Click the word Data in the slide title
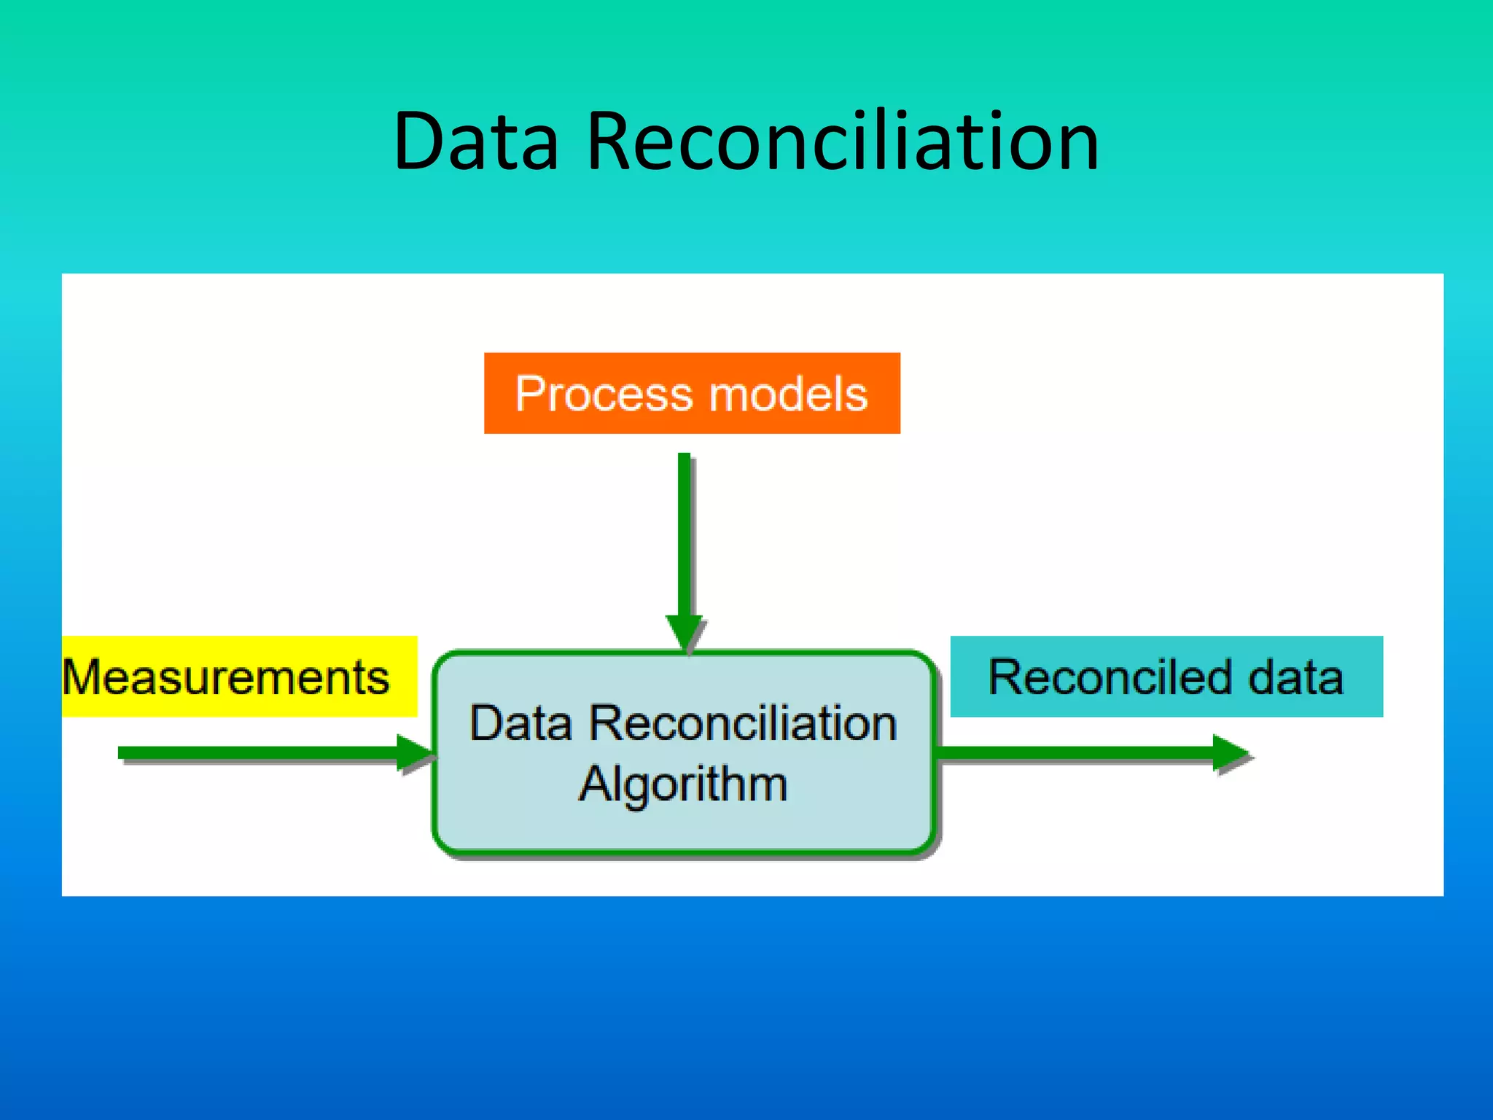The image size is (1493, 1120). pyautogui.click(x=475, y=142)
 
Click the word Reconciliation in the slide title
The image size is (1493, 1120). pyautogui.click(x=842, y=142)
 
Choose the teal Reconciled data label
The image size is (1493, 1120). pyautogui.click(x=1166, y=677)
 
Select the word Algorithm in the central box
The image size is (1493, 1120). pyautogui.click(x=683, y=785)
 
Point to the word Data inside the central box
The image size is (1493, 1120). pyautogui.click(x=520, y=724)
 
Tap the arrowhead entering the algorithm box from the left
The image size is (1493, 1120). pyautogui.click(x=414, y=752)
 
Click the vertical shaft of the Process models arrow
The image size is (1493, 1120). pyautogui.click(x=684, y=532)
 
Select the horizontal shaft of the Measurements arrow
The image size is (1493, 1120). pyautogui.click(x=255, y=752)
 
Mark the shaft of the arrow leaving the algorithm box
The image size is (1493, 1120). pyautogui.click(x=1072, y=752)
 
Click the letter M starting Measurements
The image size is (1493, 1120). pyautogui.click(x=80, y=677)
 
